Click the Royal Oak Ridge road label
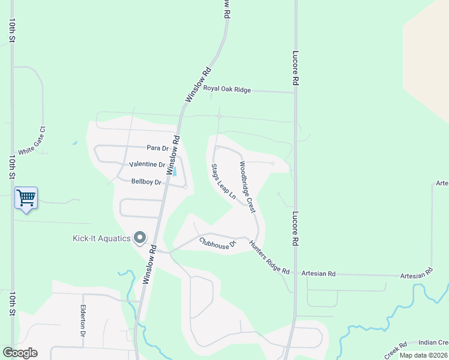(227, 89)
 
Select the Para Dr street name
(157, 148)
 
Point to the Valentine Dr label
(147, 164)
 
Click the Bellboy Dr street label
(147, 182)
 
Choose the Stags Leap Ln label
(221, 182)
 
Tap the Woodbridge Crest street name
(247, 187)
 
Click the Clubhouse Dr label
(218, 244)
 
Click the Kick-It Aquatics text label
(101, 239)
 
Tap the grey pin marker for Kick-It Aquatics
(140, 238)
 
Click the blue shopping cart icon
(26, 197)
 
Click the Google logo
(20, 353)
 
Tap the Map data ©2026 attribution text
(423, 355)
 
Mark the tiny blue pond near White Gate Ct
(74, 143)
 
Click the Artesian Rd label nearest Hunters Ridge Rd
(318, 274)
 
